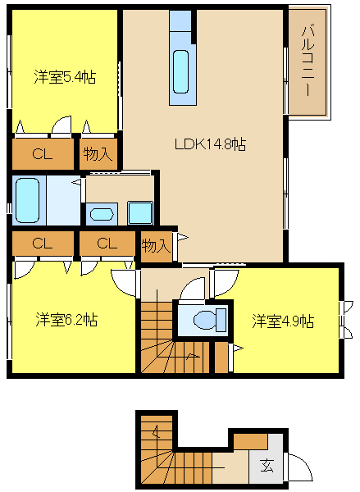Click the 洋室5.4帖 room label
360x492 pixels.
point(65,77)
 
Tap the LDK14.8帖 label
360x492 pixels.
point(210,144)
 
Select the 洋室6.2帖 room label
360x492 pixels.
point(66,320)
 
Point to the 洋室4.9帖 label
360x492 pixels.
point(283,321)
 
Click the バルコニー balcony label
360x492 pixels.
point(308,61)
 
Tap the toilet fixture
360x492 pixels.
point(210,320)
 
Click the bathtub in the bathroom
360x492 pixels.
point(28,200)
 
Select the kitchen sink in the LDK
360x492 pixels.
point(181,71)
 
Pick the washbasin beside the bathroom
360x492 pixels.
point(102,214)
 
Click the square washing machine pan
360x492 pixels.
point(140,213)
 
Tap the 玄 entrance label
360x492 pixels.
point(267,465)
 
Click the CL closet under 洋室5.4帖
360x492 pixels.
point(43,154)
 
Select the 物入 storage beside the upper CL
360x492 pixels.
point(98,154)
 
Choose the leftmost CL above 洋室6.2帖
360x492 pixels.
point(43,244)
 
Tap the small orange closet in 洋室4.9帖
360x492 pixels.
point(221,357)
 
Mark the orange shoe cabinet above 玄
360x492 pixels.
point(251,442)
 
